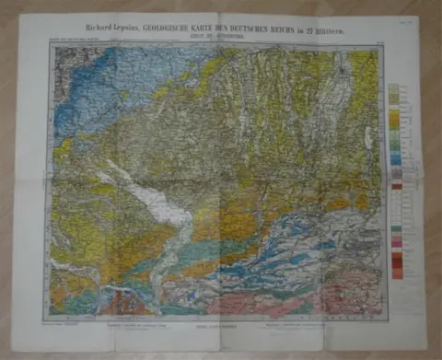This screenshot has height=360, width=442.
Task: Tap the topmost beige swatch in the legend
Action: coord(393,90)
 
